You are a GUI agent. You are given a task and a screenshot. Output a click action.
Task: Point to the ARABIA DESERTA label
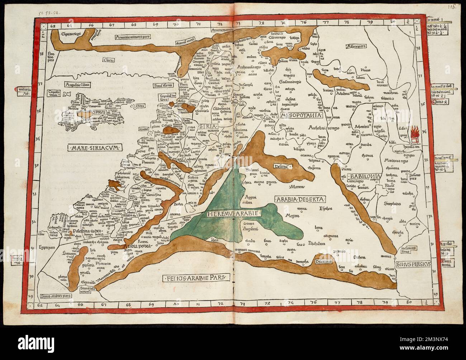(x=300, y=199)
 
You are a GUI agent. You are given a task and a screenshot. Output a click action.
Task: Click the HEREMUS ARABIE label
(x=234, y=214)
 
